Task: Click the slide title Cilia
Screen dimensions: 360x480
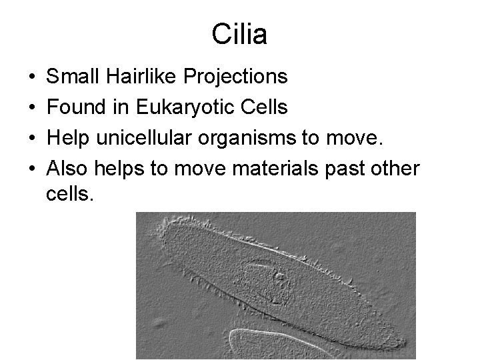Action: [x=239, y=34]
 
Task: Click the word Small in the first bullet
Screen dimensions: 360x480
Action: [x=71, y=77]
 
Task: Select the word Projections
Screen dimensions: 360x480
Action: [x=237, y=77]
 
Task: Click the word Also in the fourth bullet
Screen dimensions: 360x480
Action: [x=67, y=169]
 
